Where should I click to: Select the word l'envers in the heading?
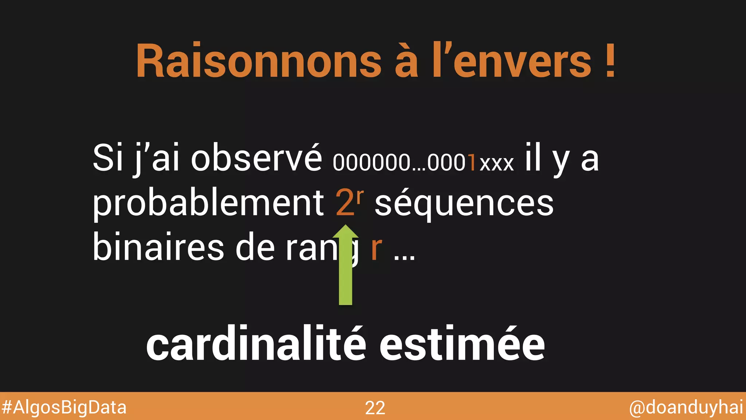(x=512, y=61)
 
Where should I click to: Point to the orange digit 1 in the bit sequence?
(x=472, y=163)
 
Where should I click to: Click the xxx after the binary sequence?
(x=497, y=164)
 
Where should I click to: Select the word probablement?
(x=208, y=203)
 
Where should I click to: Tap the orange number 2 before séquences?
(x=345, y=203)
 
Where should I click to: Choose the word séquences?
(x=464, y=203)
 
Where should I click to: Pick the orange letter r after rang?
(x=377, y=249)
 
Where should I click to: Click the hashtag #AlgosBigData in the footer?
(x=64, y=407)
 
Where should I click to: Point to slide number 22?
(x=375, y=408)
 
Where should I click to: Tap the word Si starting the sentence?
(x=108, y=158)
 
